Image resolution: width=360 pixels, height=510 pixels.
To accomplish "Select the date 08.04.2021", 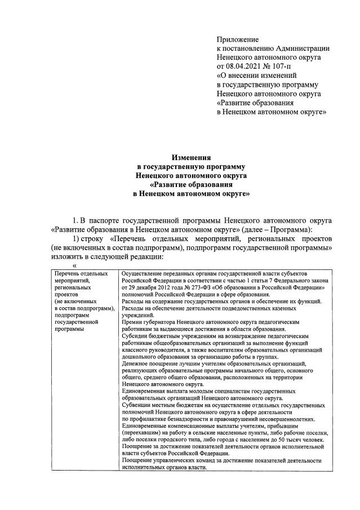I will [x=245, y=66].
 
